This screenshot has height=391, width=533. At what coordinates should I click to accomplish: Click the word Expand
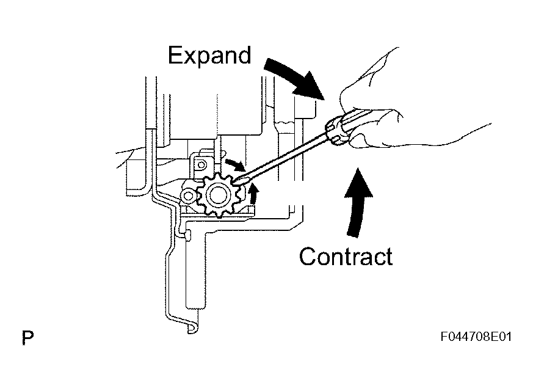point(209,56)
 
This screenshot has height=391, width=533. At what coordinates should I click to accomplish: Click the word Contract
point(346,257)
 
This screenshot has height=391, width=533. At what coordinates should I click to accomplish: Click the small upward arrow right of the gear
point(253,194)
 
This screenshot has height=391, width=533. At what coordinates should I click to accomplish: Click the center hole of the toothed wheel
point(217,195)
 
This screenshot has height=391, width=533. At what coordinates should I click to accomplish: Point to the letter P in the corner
point(27,338)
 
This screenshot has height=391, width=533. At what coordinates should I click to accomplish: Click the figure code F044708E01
point(476,337)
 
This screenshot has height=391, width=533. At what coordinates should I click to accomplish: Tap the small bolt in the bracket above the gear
point(201,165)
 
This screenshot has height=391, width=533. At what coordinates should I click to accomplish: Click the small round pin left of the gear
point(187,195)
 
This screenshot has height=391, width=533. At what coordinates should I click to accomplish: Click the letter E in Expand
point(175,55)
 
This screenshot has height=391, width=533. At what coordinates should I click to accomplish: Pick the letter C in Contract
point(308,257)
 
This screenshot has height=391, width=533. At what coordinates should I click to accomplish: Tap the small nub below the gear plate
point(187,235)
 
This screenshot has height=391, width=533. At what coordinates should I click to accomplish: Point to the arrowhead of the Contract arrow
point(358,182)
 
